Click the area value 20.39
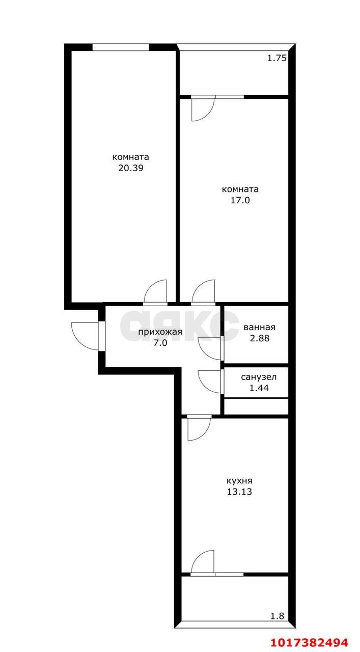pyautogui.click(x=131, y=168)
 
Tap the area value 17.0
pyautogui.click(x=240, y=200)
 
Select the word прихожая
pyautogui.click(x=160, y=332)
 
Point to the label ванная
pyautogui.click(x=259, y=327)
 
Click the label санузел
pyautogui.click(x=259, y=377)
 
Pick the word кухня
pyautogui.click(x=239, y=480)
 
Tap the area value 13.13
pyautogui.click(x=239, y=492)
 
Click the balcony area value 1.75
pyautogui.click(x=277, y=58)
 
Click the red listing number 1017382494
pyautogui.click(x=310, y=642)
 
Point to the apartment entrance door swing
pyautogui.click(x=85, y=336)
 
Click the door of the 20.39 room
pyautogui.click(x=155, y=291)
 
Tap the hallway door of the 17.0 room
pyautogui.click(x=203, y=291)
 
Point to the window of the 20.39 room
pyautogui.click(x=121, y=47)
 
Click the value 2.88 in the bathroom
pyautogui.click(x=260, y=338)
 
